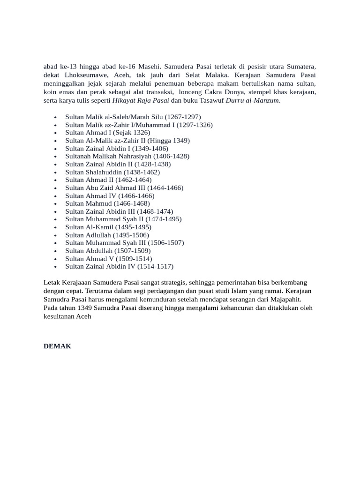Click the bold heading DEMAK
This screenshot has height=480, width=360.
click(x=57, y=346)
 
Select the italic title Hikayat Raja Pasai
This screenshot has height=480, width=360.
click(x=141, y=100)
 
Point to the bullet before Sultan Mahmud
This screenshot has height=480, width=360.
click(x=55, y=204)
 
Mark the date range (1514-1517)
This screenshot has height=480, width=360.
click(x=155, y=266)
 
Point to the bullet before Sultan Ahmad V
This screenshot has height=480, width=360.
click(x=55, y=259)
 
